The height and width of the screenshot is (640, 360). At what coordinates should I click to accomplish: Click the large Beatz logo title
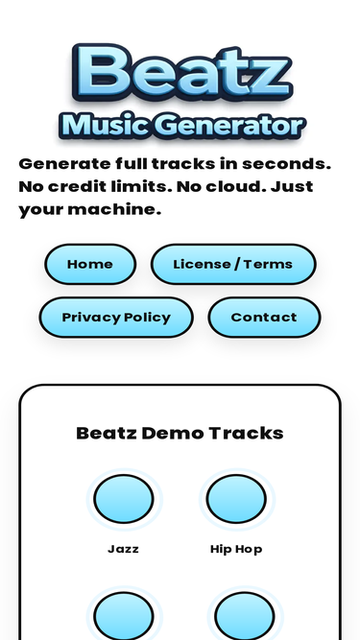coord(180,72)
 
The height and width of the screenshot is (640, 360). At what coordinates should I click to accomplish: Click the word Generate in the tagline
coord(63,163)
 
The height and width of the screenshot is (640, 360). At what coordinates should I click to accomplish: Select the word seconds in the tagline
coord(286,163)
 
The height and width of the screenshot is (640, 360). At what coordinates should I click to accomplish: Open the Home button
coord(90,264)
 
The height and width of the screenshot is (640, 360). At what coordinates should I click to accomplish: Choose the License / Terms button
coord(233,264)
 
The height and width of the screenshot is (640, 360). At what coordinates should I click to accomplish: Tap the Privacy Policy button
coord(116,318)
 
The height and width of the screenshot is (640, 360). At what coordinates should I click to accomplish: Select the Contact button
coord(264,318)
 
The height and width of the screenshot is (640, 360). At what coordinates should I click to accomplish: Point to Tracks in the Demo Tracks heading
coord(246,433)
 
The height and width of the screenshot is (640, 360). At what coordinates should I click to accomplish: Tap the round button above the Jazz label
coord(123,499)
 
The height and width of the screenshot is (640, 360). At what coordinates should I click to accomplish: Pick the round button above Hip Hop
coord(236,499)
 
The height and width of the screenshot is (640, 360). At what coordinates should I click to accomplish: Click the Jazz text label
coord(123,549)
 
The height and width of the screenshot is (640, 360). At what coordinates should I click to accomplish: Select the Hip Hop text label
coord(236,549)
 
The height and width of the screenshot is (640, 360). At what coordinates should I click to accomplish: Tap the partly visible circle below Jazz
coord(123,616)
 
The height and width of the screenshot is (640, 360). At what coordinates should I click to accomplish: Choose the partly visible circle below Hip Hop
coord(244,616)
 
